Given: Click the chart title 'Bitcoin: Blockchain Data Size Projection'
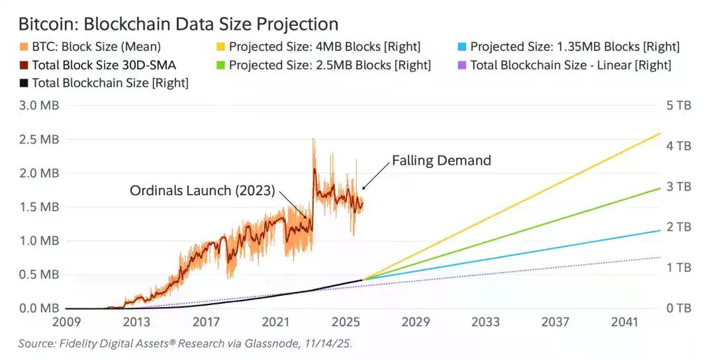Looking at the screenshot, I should [x=178, y=24].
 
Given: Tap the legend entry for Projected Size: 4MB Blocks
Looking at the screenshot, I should [x=324, y=47].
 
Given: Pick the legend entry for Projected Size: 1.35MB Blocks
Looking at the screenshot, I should [x=573, y=47].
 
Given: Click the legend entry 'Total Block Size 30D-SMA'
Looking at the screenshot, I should [x=102, y=65].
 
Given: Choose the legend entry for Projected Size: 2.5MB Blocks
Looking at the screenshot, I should [x=329, y=65].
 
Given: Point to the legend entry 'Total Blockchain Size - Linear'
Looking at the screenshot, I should [x=569, y=65].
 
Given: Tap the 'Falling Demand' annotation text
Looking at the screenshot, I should [x=442, y=160].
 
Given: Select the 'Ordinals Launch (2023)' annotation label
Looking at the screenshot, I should [x=202, y=191].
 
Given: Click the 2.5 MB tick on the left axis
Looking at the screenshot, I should [x=40, y=140].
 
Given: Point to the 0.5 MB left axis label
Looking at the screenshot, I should [x=40, y=275].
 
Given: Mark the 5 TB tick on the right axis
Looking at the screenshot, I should [x=678, y=105].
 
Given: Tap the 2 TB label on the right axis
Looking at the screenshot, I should [x=678, y=227].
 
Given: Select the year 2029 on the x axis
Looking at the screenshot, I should [x=415, y=322].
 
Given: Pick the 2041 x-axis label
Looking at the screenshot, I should [x=624, y=322].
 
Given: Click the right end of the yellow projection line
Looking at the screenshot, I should [x=660, y=134].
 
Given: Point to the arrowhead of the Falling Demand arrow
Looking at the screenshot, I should [x=363, y=189].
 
